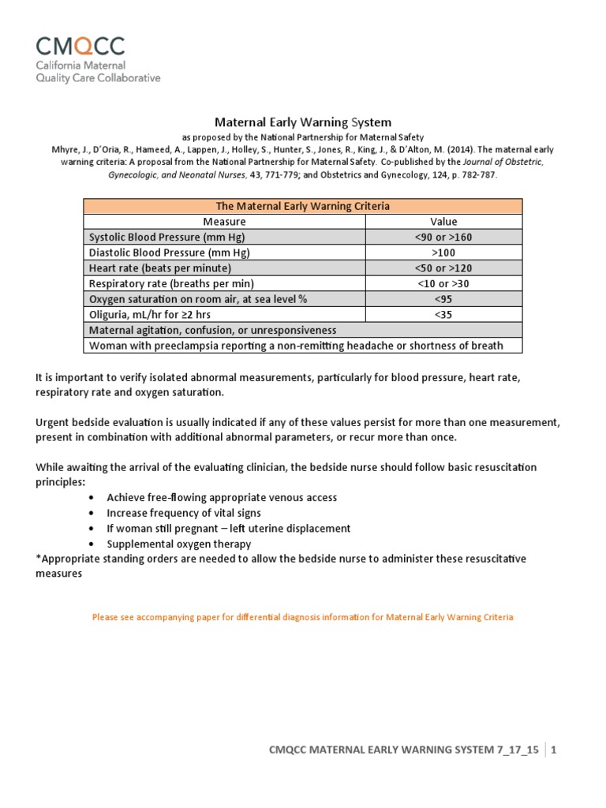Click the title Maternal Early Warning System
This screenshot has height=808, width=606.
pos(303,122)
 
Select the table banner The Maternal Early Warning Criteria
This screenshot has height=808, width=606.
pos(303,206)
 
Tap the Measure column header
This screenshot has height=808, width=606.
pos(224,222)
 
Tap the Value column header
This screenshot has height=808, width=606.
pos(443,222)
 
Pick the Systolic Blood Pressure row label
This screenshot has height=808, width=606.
pos(167,237)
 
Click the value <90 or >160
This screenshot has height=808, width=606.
pos(443,237)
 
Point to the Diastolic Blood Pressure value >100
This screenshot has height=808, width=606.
pos(443,252)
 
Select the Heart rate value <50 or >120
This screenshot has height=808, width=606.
pos(443,267)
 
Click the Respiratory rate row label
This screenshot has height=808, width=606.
pos(172,283)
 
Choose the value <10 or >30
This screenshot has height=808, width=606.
pos(443,283)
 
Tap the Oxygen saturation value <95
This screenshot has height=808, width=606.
pos(443,298)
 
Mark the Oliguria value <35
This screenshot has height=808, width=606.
pos(443,314)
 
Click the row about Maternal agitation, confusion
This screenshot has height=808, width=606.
pos(213,330)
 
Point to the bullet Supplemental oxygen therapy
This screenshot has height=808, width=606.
pos(179,544)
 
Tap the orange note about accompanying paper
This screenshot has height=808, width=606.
pos(303,617)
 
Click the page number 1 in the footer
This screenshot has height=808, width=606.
pos(555,750)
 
